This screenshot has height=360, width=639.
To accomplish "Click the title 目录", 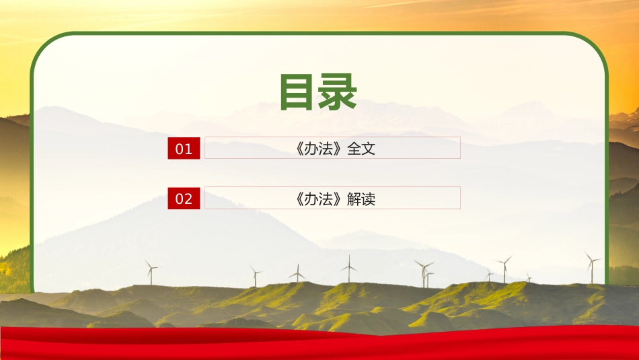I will (317, 92).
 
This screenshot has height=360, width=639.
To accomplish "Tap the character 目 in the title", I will (298, 92).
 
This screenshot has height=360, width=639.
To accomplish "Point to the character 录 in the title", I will (338, 92).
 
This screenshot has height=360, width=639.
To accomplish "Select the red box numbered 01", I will (184, 149).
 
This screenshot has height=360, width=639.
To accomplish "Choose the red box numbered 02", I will (184, 199).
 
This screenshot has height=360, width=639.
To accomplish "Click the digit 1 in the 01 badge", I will (188, 149).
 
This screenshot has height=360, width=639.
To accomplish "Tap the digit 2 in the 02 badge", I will (188, 199).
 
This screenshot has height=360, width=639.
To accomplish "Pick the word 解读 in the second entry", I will (361, 199).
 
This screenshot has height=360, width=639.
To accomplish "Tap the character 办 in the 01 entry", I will (313, 149).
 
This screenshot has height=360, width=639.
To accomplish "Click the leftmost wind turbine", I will (151, 272).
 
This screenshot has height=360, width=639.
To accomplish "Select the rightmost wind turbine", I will (591, 267).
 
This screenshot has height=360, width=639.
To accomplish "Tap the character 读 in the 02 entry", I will (368, 199).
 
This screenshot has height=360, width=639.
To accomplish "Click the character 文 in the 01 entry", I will (368, 149).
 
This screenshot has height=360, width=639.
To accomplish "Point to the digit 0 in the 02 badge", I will (179, 199).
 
